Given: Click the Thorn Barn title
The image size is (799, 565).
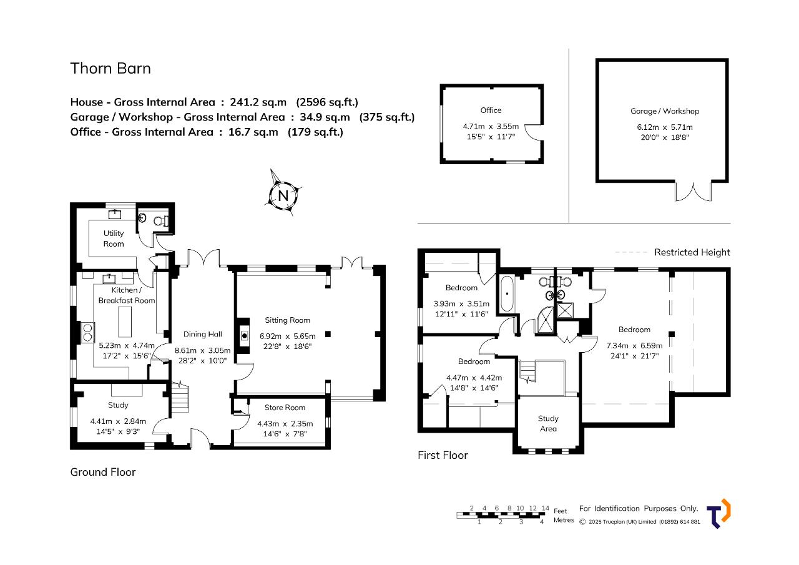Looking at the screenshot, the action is coord(110,68).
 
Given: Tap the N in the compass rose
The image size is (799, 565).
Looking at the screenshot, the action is coord(283,195).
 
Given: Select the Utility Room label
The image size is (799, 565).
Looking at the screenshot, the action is coord(114,238).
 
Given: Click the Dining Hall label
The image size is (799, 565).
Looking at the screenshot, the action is coord(203,334).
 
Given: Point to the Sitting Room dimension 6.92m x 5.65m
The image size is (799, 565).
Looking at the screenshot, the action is coord(288,336).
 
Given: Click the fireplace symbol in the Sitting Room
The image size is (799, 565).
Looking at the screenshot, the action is coord(244,336).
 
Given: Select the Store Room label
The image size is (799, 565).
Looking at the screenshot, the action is coord(285,407).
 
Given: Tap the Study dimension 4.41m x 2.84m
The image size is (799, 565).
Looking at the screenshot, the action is coord(118,421).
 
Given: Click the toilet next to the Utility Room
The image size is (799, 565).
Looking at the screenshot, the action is coord(162,221).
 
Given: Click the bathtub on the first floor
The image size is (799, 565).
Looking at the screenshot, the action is coord(507,294).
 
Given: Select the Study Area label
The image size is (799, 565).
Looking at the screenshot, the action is coord(548,423).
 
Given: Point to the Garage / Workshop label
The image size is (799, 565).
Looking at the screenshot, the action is coord(665,111).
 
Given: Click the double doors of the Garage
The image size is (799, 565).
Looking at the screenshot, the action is coord(693,192).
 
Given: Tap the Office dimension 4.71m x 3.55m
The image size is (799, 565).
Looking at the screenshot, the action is coord(491,126).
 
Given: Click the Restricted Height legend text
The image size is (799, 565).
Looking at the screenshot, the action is coord(692,252).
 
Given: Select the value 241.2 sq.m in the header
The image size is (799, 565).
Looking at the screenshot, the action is coord(258,102).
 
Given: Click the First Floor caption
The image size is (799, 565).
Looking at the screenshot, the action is coord(443,455).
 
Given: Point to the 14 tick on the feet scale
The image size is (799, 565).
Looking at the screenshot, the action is coord(546,508).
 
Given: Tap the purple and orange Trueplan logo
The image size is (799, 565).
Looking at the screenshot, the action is coord(718,514).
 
